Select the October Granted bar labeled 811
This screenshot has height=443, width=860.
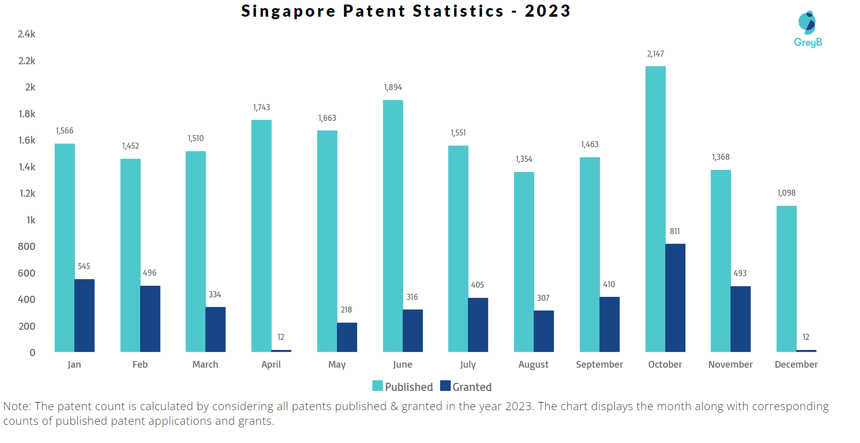(x=675, y=298)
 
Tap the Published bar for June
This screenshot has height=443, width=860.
(x=393, y=226)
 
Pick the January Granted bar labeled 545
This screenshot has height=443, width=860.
(x=84, y=316)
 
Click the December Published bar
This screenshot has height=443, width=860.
(x=786, y=279)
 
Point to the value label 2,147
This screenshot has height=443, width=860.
(x=655, y=54)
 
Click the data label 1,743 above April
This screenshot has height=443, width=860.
(x=262, y=108)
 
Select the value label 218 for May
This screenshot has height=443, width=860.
(x=346, y=310)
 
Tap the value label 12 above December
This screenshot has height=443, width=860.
(x=805, y=337)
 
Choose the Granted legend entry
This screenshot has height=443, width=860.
(x=466, y=387)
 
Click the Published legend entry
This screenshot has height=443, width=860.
(x=403, y=387)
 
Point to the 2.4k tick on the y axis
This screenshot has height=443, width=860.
(x=26, y=34)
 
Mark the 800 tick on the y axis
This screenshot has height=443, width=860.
(x=26, y=247)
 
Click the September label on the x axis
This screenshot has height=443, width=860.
(x=599, y=365)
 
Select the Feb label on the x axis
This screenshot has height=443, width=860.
(x=140, y=365)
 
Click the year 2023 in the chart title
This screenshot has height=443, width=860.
(x=547, y=11)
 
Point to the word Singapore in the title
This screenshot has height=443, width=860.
(x=288, y=11)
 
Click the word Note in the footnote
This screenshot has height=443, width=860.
(x=16, y=407)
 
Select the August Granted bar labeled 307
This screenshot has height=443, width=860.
(x=544, y=331)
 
